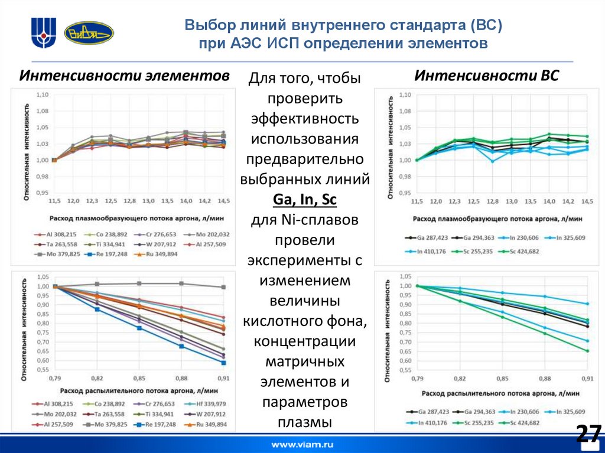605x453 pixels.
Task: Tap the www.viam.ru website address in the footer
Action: click(x=302, y=444)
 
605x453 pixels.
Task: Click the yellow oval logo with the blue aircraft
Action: click(x=89, y=33)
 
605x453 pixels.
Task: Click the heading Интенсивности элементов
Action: click(x=125, y=76)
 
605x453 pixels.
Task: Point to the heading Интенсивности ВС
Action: click(x=486, y=76)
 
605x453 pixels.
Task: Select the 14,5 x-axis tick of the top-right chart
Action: click(x=586, y=201)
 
